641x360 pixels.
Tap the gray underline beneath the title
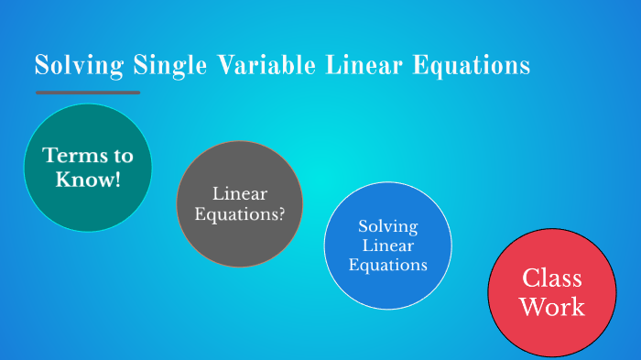pos(88,93)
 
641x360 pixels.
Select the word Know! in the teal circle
pos(88,180)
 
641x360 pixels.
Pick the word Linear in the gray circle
pos(239,194)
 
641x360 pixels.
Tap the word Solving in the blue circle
pos(387,225)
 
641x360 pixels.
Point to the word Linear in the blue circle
pos(387,245)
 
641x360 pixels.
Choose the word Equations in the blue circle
pos(387,266)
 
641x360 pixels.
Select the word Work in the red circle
pos(551,307)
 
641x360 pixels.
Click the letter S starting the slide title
pos(41,66)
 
